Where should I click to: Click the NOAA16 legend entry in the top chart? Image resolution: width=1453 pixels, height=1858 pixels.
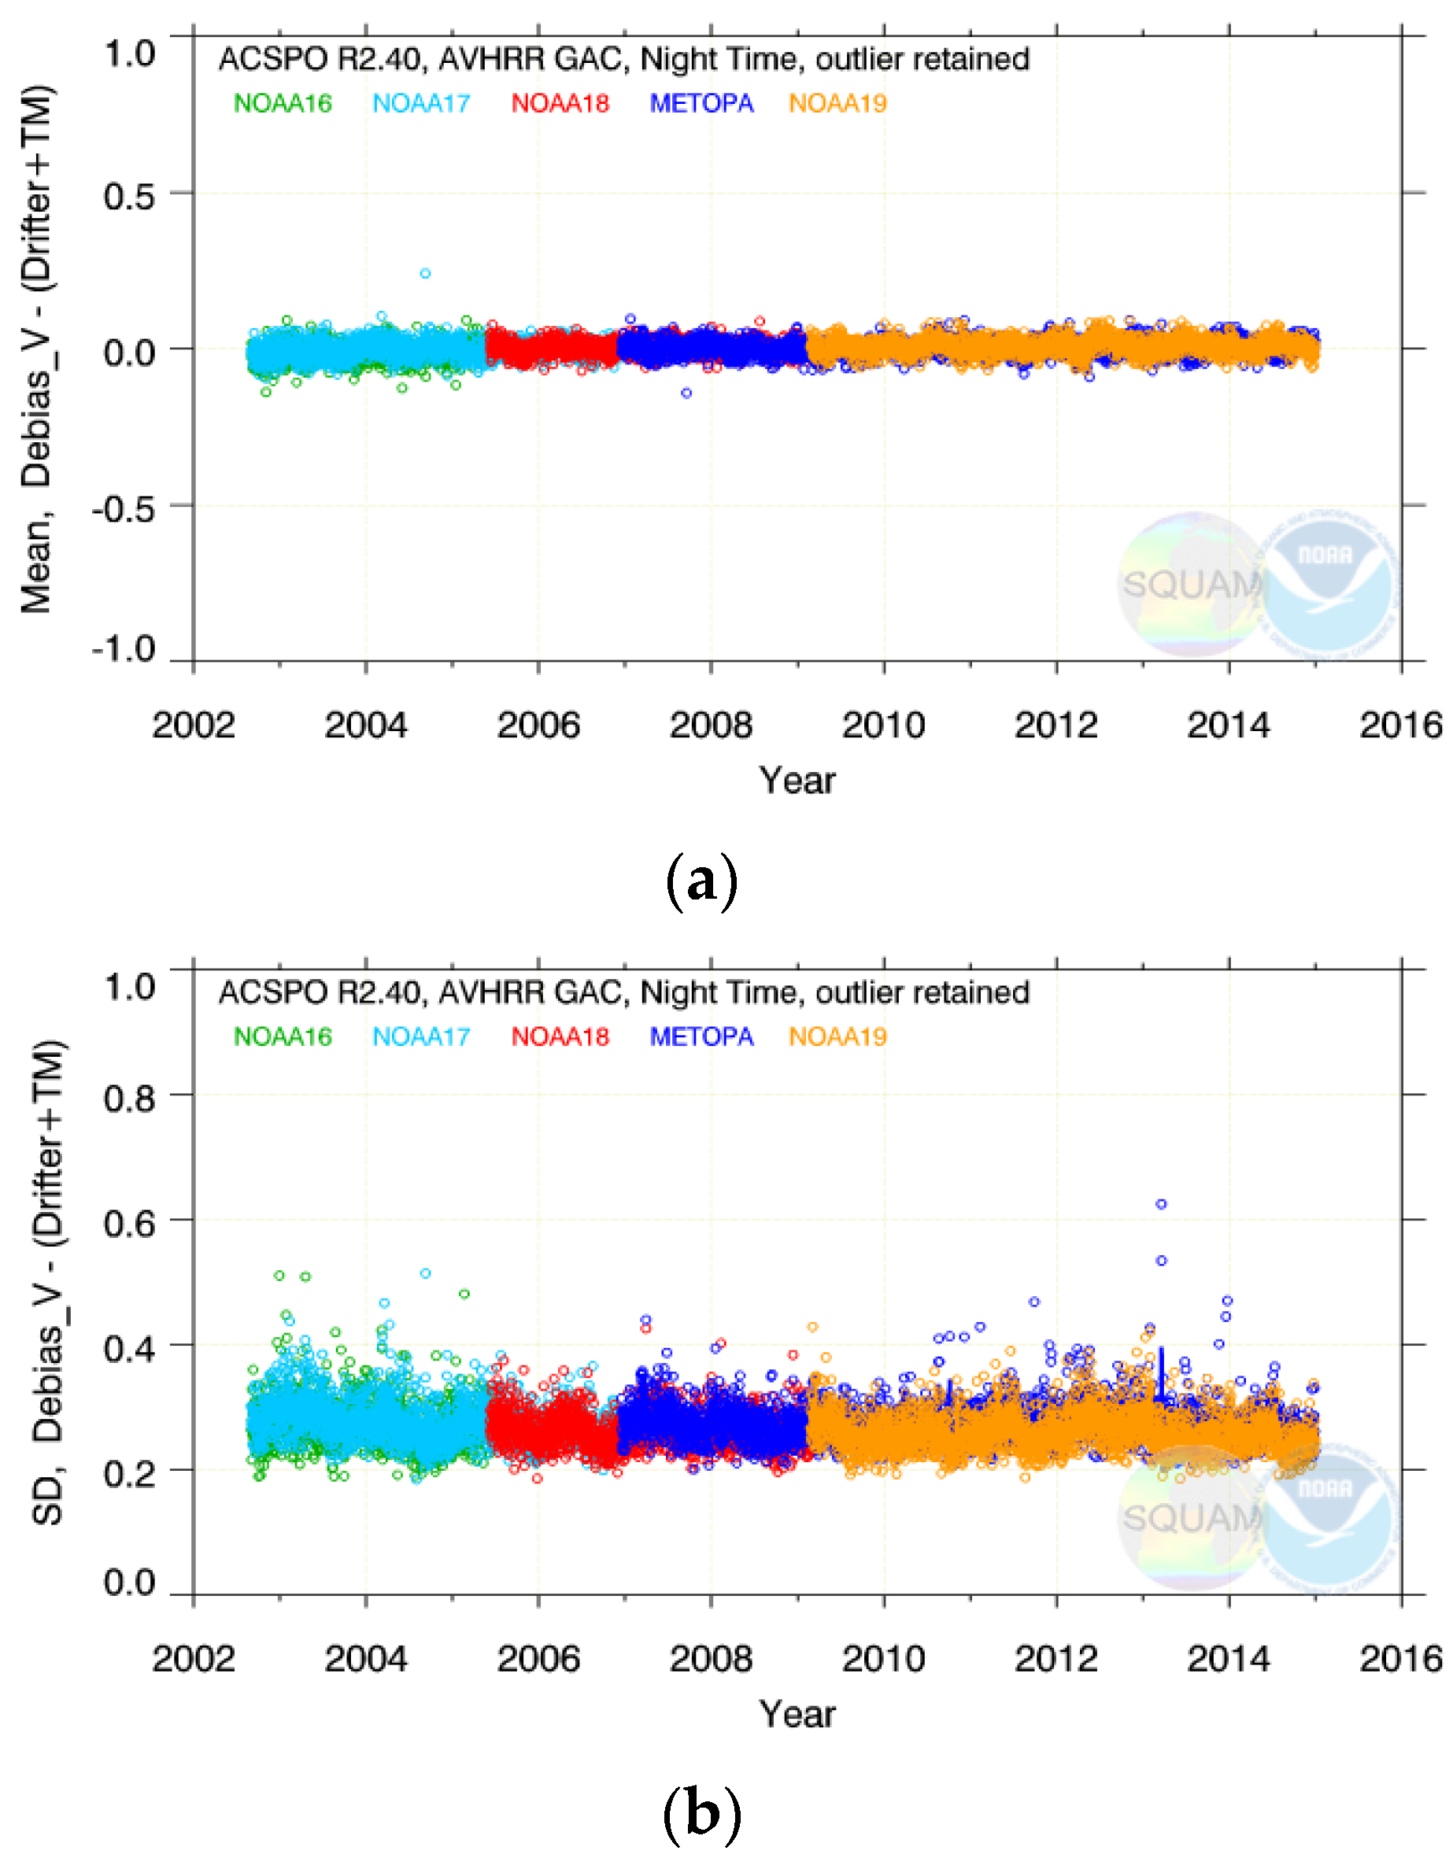283,104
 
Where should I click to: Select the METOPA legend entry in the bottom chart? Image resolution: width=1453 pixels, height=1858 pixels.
701,1037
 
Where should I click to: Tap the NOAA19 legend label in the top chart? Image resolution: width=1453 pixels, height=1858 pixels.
837,104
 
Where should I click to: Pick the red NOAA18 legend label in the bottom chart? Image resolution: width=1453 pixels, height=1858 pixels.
560,1037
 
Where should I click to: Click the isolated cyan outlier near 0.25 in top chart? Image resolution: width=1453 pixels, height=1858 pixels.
425,274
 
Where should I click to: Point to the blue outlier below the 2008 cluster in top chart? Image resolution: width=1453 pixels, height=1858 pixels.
686,393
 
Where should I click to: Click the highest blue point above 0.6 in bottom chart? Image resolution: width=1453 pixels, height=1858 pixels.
1161,1204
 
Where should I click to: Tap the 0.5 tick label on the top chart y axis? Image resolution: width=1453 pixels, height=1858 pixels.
129,198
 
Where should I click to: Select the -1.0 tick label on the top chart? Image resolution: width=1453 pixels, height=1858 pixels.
124,649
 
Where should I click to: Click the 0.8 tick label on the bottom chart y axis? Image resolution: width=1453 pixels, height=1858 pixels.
129,1099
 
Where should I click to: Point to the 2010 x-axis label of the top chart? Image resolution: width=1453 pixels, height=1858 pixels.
883,726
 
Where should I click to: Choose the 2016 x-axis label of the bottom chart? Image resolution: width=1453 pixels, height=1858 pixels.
1400,1659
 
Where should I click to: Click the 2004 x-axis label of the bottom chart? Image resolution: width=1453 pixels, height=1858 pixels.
366,1659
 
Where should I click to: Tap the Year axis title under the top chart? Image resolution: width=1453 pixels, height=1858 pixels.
797,781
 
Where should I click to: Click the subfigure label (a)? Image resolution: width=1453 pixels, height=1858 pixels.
699,883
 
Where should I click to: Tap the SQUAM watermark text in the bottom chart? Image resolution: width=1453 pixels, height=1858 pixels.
1191,1518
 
